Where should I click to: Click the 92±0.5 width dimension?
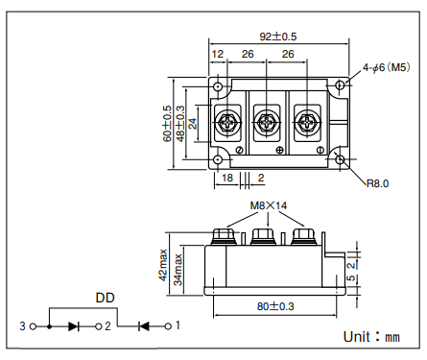[278, 36]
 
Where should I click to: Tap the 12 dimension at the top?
[218, 54]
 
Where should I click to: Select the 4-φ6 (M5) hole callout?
[386, 67]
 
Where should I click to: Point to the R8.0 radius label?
[377, 183]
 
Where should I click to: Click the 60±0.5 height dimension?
[167, 124]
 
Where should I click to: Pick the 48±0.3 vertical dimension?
[180, 124]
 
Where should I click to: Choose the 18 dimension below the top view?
[227, 178]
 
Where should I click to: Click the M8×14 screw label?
[269, 205]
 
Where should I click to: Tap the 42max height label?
[163, 265]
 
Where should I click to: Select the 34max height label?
[178, 270]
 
